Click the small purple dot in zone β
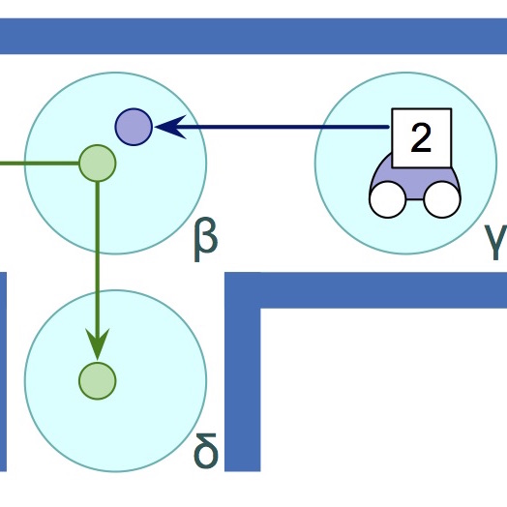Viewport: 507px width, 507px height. [134, 127]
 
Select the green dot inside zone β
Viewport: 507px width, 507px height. [98, 163]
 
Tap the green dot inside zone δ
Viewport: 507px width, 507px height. [98, 381]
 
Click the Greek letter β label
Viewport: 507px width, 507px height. [206, 240]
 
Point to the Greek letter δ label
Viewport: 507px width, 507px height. [206, 452]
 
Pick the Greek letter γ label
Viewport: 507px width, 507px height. [496, 242]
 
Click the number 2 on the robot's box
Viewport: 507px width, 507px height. [421, 138]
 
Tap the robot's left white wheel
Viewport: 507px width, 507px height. [387, 199]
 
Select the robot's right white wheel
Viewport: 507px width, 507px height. [442, 199]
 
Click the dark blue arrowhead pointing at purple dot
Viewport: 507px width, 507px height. [170, 127]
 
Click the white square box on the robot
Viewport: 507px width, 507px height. [421, 138]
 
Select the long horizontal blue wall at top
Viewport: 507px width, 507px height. [253, 36]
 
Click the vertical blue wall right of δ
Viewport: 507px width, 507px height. [243, 372]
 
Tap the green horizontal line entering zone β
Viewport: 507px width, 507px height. [40, 164]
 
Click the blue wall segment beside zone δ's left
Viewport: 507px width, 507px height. [3, 372]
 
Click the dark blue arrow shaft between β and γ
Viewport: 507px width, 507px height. [272, 127]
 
